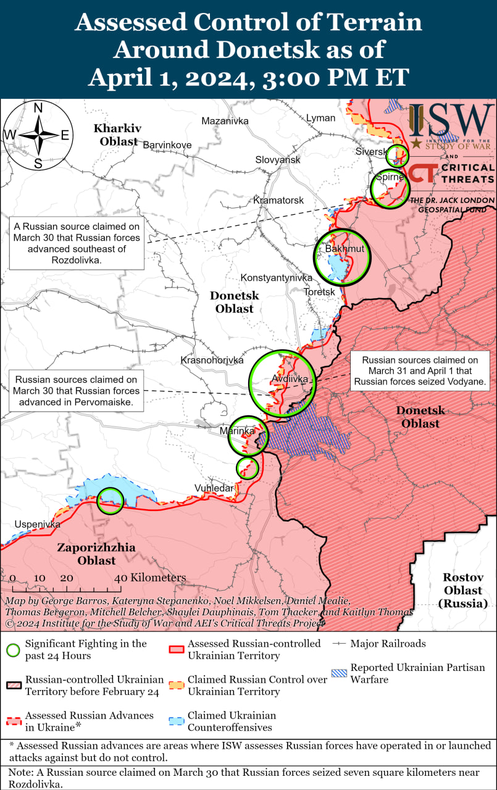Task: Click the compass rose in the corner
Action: [x=38, y=135]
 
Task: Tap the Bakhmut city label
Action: [x=345, y=249]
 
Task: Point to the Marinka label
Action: [x=237, y=430]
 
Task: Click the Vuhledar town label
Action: [x=214, y=488]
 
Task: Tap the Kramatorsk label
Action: [x=278, y=201]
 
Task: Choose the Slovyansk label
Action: [x=278, y=160]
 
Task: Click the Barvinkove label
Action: [x=167, y=145]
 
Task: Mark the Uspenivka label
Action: [x=38, y=524]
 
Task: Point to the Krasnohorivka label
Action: [x=212, y=360]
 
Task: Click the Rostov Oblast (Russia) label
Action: [x=462, y=590]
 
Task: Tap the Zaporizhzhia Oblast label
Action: [x=96, y=554]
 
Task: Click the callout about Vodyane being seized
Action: [x=419, y=371]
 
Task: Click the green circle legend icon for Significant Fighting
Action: [x=12, y=650]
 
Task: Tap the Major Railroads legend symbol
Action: [x=339, y=644]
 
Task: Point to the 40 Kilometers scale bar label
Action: [x=150, y=578]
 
